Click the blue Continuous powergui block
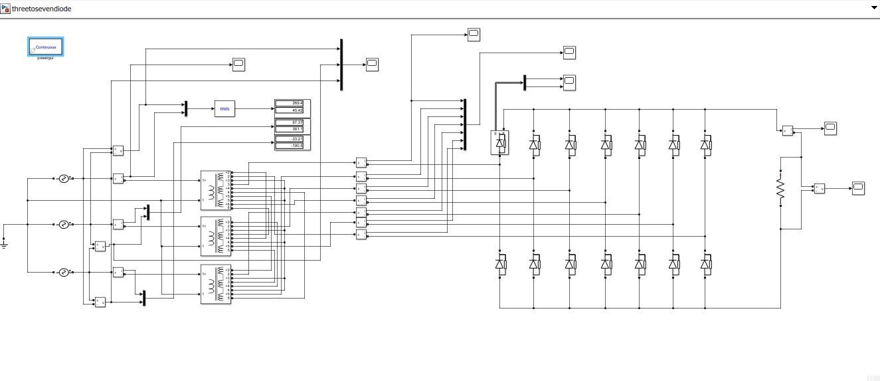pos(45,47)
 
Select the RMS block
pos(224,109)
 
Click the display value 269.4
pos(292,103)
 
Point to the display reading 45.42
pos(292,110)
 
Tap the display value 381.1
pos(292,129)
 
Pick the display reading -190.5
pos(292,146)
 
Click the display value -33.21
pos(292,138)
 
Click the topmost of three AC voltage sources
pos(64,178)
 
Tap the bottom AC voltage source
pos(64,272)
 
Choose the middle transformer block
pos(216,236)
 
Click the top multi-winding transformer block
pos(216,190)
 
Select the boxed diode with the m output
pos(499,142)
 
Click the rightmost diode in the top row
pos(705,143)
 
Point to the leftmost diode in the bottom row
pos(499,264)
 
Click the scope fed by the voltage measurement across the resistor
pos(858,188)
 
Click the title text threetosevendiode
pos(41,9)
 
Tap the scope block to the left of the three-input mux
pos(238,64)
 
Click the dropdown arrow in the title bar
pos(874,8)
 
